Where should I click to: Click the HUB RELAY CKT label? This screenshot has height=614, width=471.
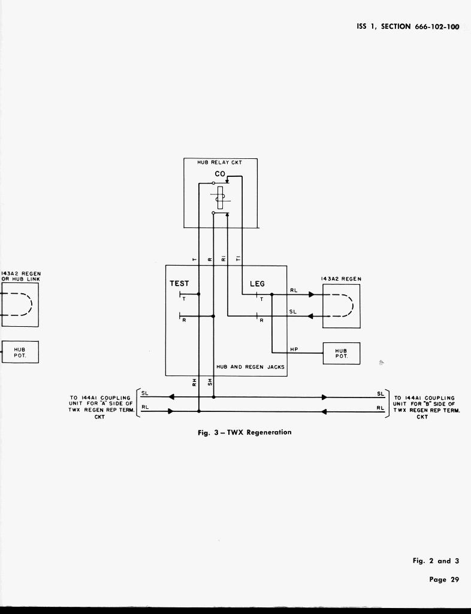click(220, 162)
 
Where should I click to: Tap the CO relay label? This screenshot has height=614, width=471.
click(220, 174)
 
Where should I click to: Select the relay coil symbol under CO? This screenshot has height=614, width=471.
click(220, 197)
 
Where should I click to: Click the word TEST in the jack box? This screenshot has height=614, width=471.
click(179, 284)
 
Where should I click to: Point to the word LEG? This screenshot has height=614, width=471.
click(256, 284)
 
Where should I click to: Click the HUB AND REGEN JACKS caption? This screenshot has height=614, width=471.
click(250, 366)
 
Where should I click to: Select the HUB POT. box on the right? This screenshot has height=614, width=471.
click(341, 353)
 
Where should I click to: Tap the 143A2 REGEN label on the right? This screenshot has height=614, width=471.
click(342, 279)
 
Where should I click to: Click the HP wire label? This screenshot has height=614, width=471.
click(294, 349)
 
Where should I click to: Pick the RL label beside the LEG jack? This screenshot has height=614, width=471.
click(294, 290)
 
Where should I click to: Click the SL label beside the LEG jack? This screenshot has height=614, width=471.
click(293, 311)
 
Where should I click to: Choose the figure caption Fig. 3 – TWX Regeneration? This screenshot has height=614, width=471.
click(244, 432)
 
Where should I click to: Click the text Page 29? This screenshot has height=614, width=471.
click(444, 579)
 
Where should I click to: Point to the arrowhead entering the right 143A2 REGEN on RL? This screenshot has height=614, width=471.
click(311, 294)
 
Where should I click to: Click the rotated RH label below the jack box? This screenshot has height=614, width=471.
click(194, 382)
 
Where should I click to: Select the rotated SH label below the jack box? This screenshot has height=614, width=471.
click(210, 382)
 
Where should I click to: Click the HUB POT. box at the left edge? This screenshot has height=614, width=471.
click(20, 352)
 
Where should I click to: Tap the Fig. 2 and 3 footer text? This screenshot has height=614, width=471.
click(436, 561)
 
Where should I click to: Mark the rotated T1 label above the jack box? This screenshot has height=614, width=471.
click(238, 258)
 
